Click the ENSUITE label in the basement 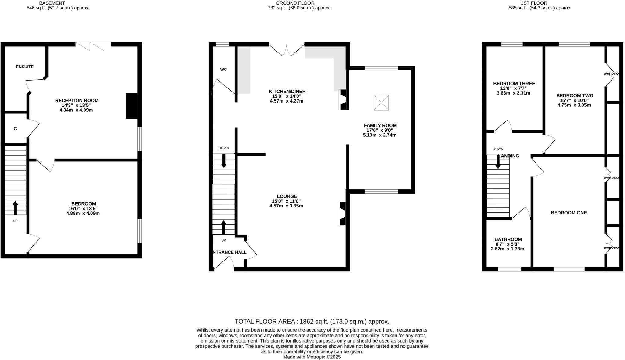coord(25,67)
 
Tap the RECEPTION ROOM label coord(77,100)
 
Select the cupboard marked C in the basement coord(15,129)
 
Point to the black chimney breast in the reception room coord(132,106)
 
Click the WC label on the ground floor coord(223,70)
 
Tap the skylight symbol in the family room coord(381,103)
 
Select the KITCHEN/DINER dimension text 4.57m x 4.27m coord(287,101)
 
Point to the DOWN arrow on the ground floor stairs coord(224,161)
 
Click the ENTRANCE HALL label coord(229,252)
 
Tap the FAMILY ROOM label coord(380,125)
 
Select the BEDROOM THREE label coord(514,84)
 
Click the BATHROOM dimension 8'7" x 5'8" coord(508,244)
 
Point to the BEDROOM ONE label coord(569,213)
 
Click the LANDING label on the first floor coord(509,156)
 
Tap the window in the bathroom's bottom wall coord(509,269)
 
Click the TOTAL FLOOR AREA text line coord(312,322)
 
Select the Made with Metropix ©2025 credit coord(312,357)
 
